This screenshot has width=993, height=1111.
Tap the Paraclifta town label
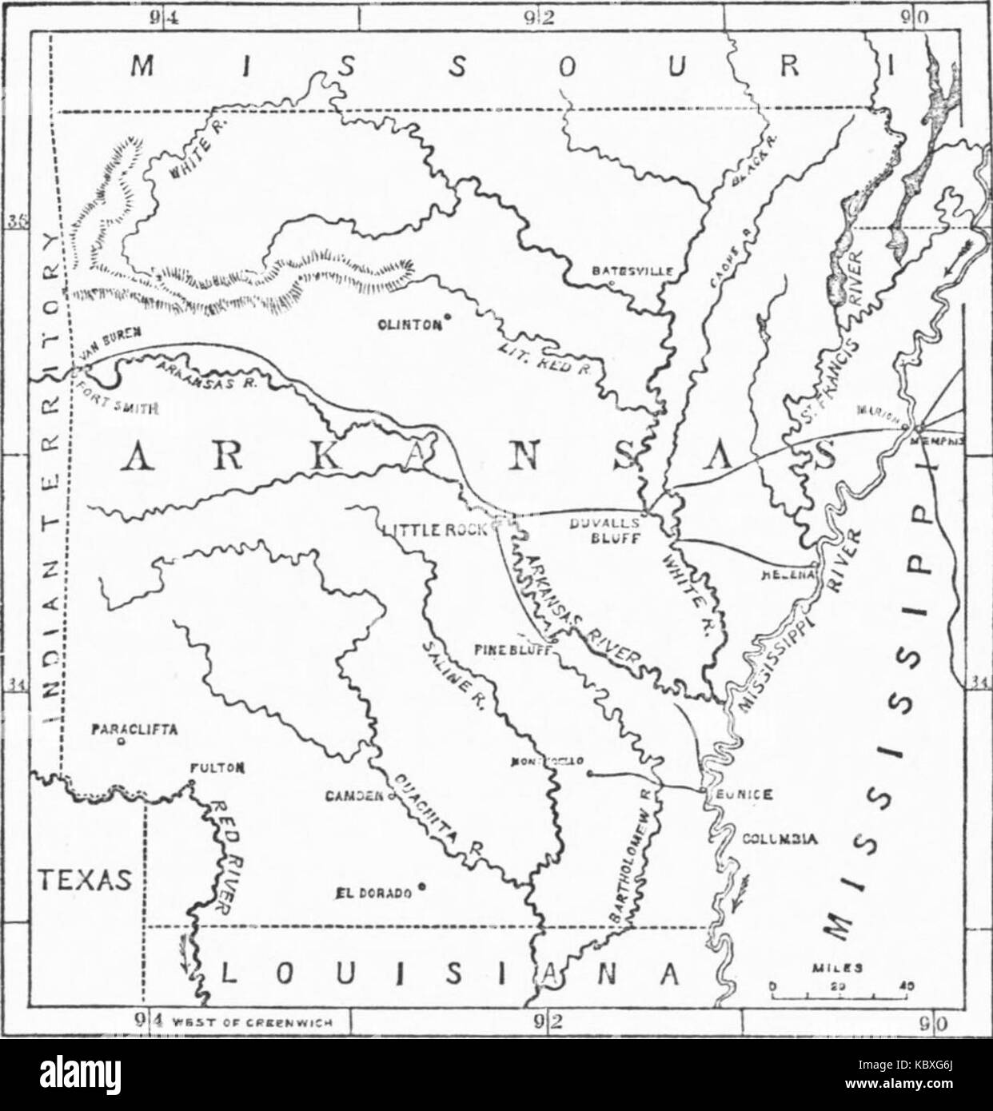click(133, 728)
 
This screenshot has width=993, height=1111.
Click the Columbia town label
click(779, 839)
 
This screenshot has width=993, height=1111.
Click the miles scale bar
click(841, 996)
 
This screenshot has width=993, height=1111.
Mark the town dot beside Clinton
click(448, 317)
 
